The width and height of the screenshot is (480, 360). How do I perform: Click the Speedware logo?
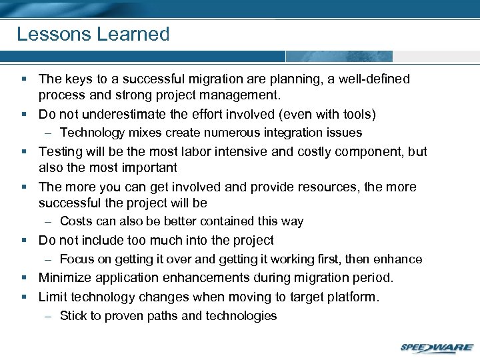point(437,347)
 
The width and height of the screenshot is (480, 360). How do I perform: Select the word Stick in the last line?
point(73,316)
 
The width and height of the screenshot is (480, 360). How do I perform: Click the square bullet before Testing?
point(24,152)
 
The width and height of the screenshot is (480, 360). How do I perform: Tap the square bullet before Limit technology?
point(24,297)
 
